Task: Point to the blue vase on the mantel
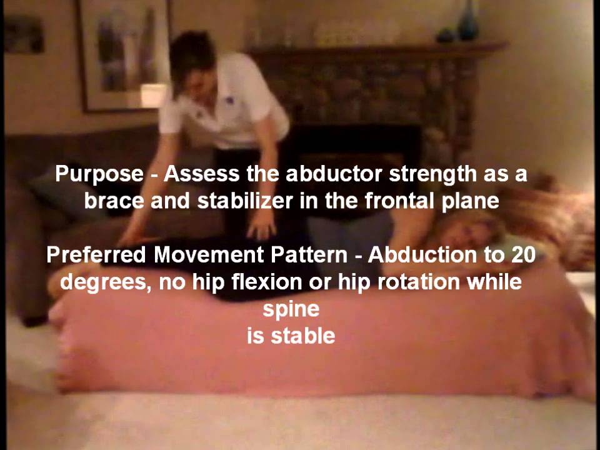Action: pos(468,22)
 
